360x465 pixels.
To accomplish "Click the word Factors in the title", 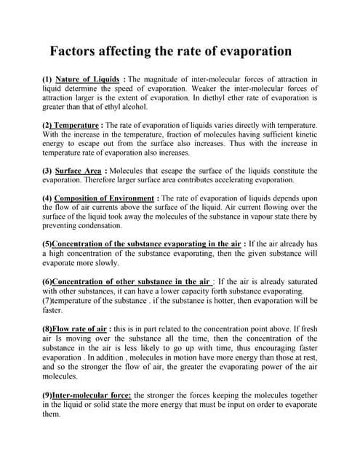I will pyautogui.click(x=75, y=52).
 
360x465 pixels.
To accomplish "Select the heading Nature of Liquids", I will pyautogui.click(x=88, y=78).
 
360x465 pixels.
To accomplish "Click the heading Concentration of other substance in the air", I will pyautogui.click(x=131, y=281).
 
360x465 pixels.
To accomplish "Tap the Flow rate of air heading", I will pyautogui.click(x=79, y=329).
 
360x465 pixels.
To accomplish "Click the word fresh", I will pyautogui.click(x=308, y=329).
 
